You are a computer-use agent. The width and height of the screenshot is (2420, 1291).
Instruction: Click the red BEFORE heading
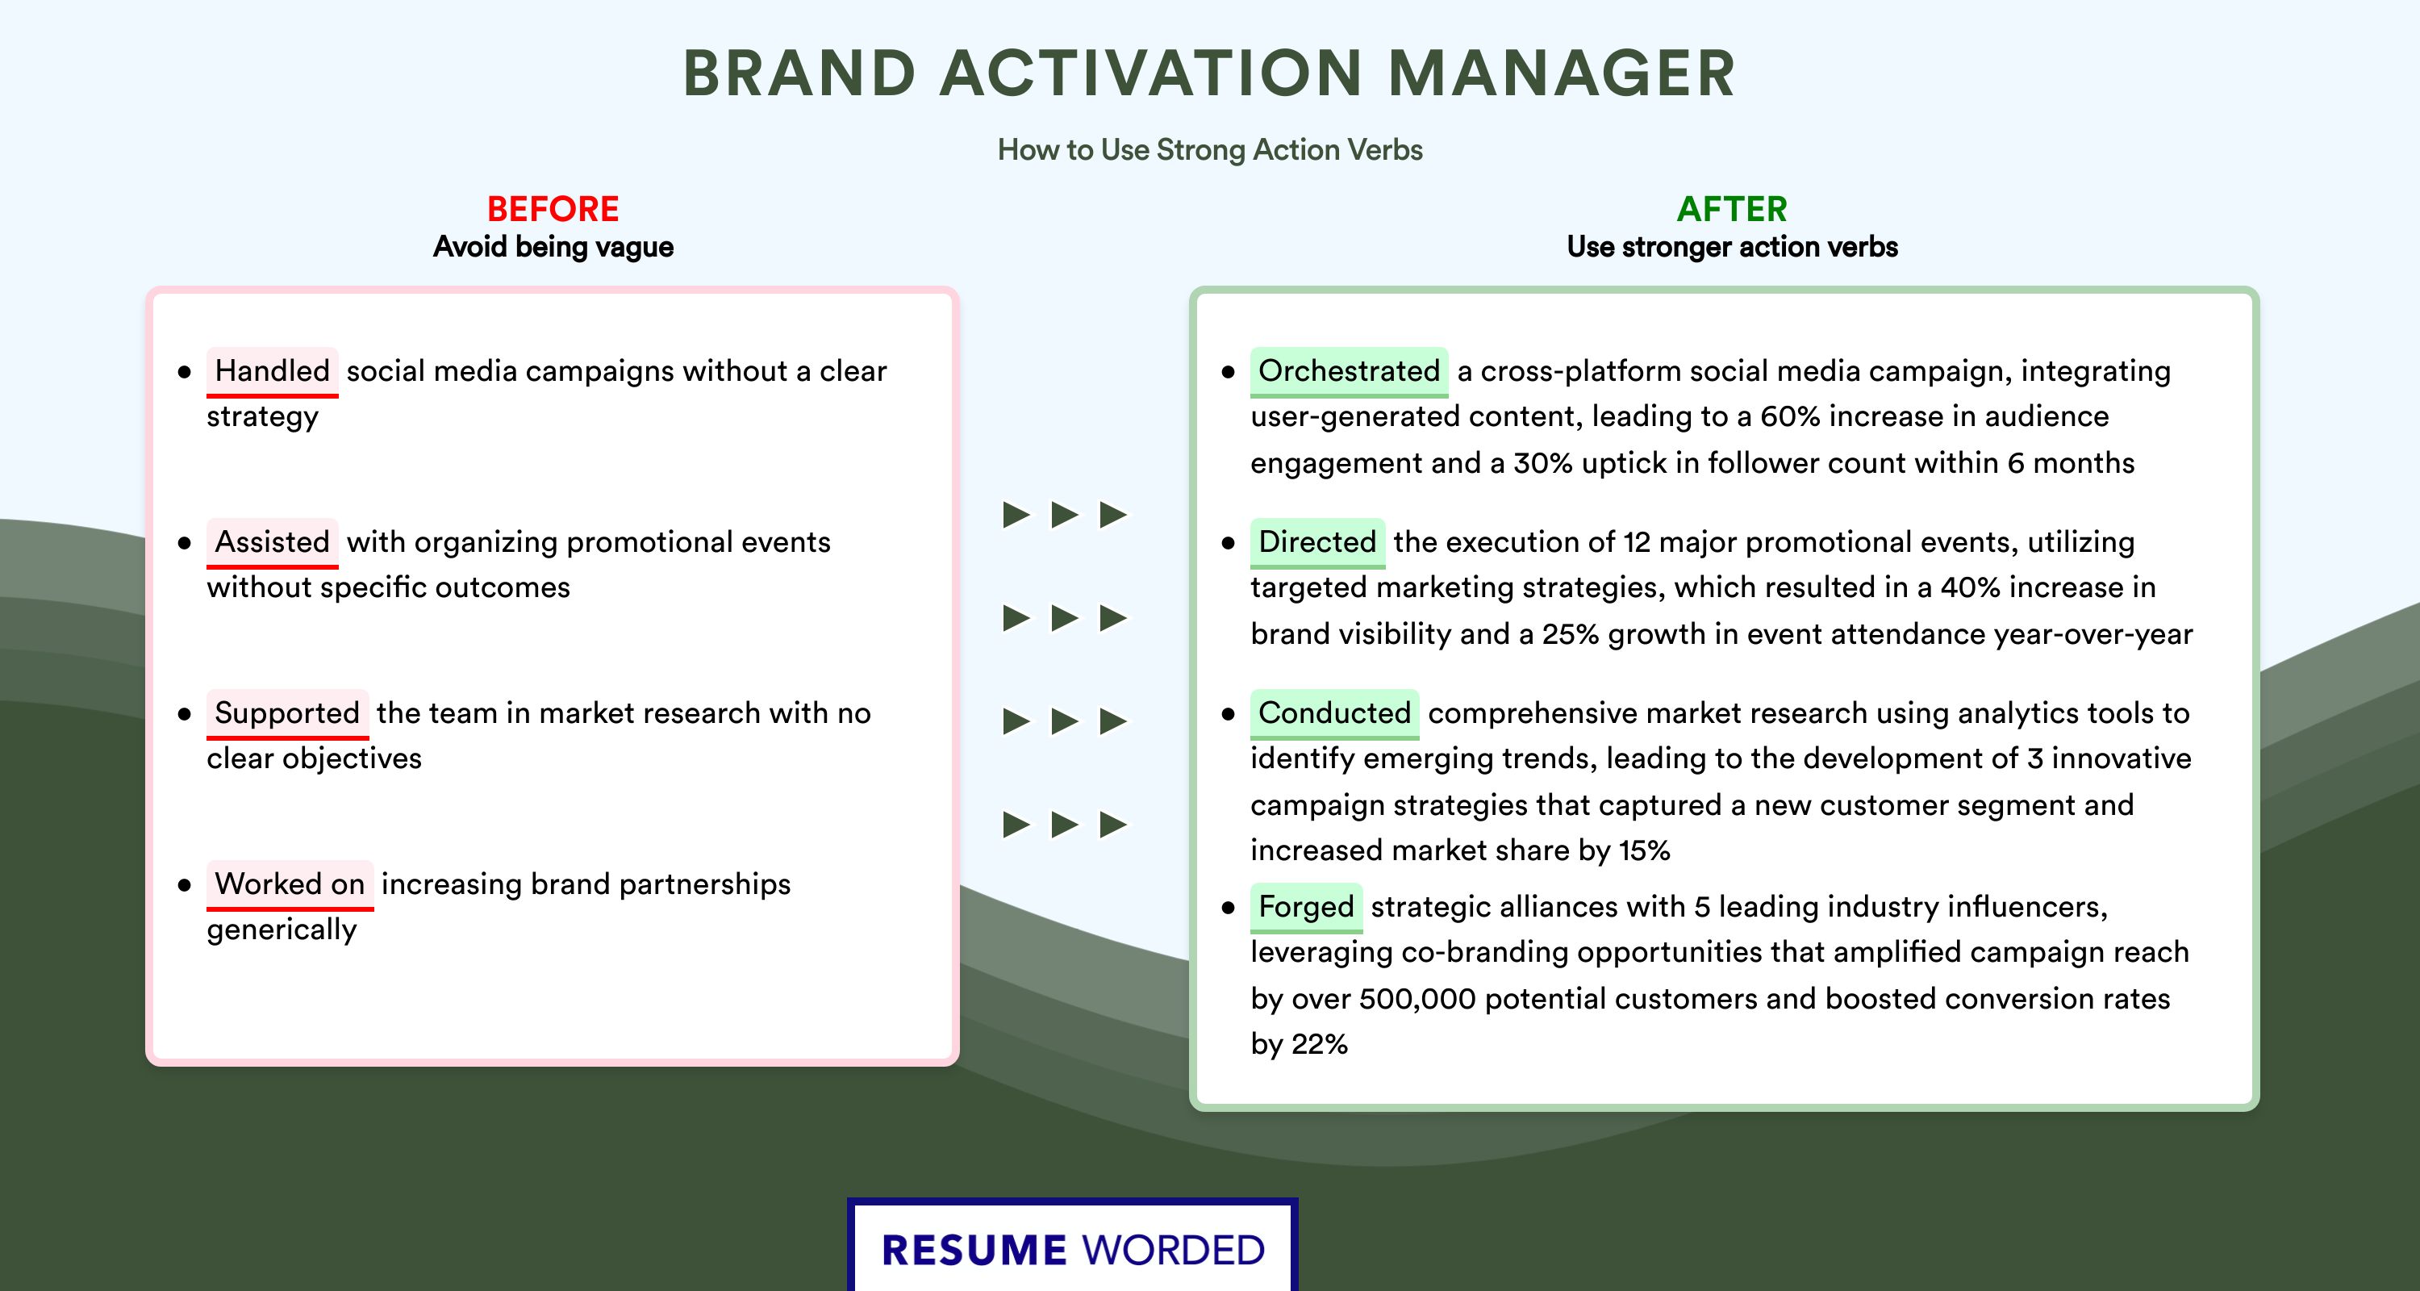553,209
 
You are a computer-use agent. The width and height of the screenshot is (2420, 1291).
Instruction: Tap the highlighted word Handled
273,371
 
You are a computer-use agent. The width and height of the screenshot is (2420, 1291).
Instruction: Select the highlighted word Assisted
273,542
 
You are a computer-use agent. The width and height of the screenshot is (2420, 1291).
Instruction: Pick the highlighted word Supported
287,713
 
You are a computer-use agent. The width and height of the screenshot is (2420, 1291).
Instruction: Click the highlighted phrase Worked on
290,884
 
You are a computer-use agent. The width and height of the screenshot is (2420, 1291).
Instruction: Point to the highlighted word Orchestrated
1349,371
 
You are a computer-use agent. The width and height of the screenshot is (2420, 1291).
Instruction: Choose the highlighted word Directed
1317,542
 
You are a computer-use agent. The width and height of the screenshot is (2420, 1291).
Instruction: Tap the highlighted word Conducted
1334,713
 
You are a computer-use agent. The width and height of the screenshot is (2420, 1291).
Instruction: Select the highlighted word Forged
1306,907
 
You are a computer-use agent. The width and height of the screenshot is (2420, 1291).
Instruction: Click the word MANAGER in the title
1562,73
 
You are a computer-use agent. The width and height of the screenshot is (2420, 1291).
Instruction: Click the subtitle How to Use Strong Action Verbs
1210,149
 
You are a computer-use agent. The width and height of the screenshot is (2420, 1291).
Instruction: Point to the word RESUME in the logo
974,1251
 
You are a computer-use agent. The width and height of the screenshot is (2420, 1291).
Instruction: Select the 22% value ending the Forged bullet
1320,1044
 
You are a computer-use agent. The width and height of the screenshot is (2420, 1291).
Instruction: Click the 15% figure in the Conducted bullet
1644,850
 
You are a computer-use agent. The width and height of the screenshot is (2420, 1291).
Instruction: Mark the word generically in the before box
282,930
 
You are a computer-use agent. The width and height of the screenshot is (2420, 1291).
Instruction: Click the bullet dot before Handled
184,372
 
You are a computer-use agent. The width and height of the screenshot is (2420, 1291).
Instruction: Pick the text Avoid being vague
553,247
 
